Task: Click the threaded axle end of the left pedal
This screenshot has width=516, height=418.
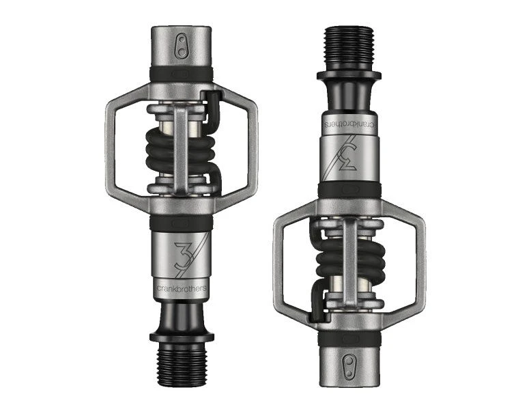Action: click(182, 365)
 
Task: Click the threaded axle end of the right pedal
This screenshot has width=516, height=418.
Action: click(349, 48)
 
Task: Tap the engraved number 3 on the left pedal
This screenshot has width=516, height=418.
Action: click(182, 255)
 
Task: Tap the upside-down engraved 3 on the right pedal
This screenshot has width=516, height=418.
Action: click(349, 157)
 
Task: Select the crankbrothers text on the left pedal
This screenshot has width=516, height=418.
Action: click(182, 288)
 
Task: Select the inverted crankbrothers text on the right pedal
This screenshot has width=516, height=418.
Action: click(349, 124)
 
